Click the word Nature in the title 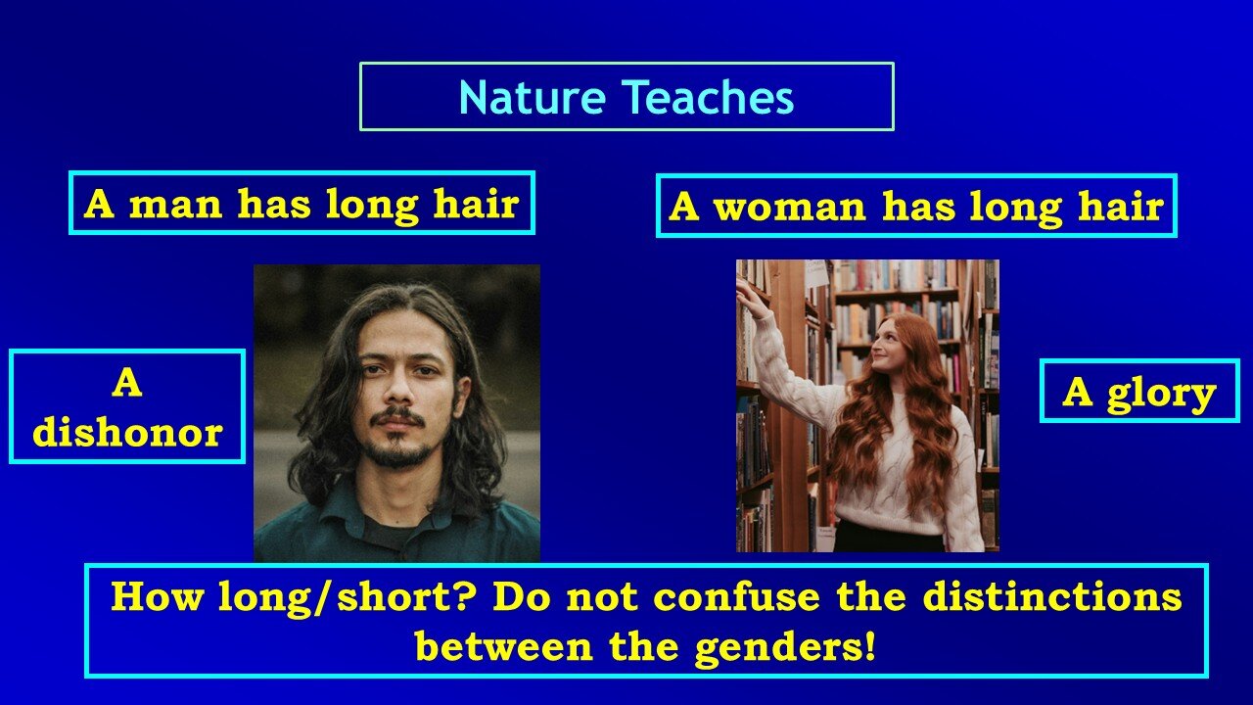(x=532, y=97)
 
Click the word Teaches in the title (x=708, y=97)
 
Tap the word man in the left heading (x=176, y=205)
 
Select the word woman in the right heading (x=790, y=207)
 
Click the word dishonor (x=127, y=433)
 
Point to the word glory (x=1161, y=394)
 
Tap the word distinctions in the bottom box (x=1052, y=597)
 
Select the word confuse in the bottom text (x=737, y=597)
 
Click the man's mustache (x=398, y=417)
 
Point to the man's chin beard (x=398, y=452)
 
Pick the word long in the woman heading (x=1015, y=210)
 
